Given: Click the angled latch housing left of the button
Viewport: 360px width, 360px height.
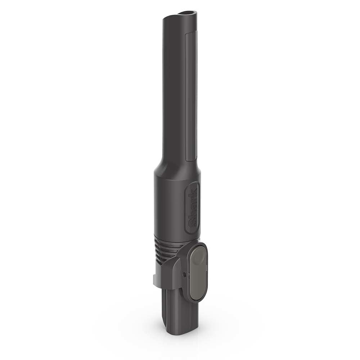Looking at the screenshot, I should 173,274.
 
